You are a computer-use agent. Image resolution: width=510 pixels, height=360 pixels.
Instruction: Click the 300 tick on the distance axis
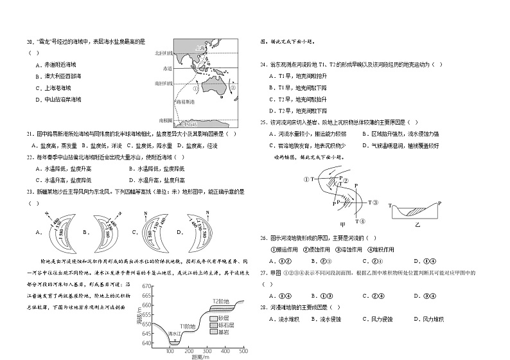(x=207, y=351)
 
